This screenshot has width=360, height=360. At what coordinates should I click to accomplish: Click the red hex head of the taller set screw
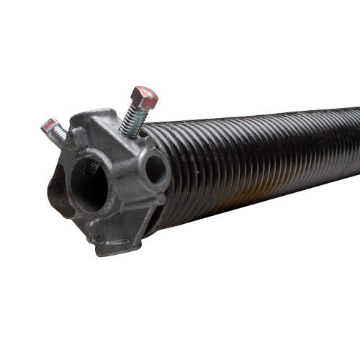(x=145, y=96)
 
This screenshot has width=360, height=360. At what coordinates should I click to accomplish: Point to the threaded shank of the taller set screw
(x=131, y=116)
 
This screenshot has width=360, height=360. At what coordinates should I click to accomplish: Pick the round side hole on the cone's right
(x=154, y=171)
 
